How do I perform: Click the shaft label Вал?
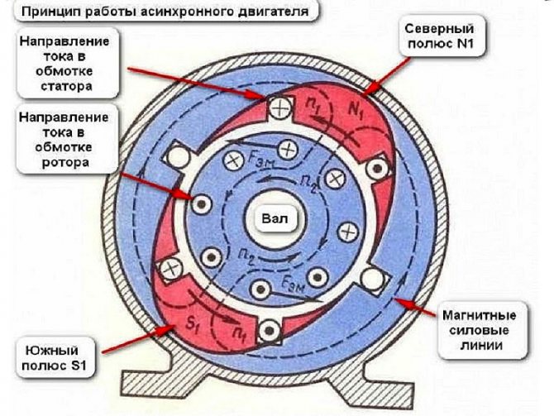coord(275,219)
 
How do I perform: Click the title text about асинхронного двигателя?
coord(165,12)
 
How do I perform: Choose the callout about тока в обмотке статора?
coord(65,64)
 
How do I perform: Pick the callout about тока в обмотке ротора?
coord(64,140)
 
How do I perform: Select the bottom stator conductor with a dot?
coord(270,331)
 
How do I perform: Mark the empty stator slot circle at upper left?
coord(179,155)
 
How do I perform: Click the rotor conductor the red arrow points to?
coord(202,204)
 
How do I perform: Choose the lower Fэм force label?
coord(293,282)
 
